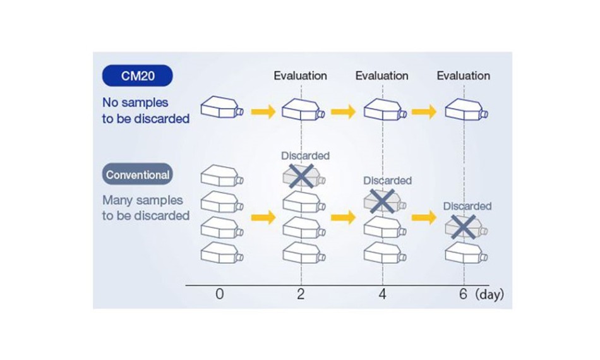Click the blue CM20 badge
tap(138, 76)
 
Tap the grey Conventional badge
tap(138, 174)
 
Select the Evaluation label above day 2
tap(301, 76)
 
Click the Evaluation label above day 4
tap(382, 76)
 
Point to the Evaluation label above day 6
tap(464, 76)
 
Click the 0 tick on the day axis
tap(220, 294)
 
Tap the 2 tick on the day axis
tap(301, 294)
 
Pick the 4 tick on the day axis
tap(382, 294)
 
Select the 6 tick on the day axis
tap(464, 294)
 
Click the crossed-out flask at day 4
tap(383, 201)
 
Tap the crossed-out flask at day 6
tap(464, 227)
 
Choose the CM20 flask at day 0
tap(222, 107)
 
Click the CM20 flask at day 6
tap(467, 110)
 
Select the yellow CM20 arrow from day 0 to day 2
tap(263, 112)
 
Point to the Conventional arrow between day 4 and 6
tap(424, 217)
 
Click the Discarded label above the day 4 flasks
tap(387, 181)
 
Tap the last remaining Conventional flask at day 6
tap(467, 253)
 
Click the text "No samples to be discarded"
tap(146, 111)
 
